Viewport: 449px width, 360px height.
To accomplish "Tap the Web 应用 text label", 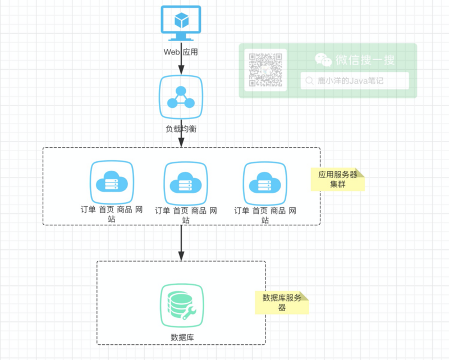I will [181, 52].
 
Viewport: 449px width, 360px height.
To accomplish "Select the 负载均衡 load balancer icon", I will [181, 98].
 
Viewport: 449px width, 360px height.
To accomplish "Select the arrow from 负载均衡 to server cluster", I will [181, 140].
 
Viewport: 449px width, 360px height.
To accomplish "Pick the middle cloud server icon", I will [186, 183].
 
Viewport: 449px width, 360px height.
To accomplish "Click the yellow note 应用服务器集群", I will [338, 180].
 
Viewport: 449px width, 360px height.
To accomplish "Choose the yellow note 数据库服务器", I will [282, 302].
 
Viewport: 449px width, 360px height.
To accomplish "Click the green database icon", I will [181, 306].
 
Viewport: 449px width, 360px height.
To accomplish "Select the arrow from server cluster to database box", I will [181, 241].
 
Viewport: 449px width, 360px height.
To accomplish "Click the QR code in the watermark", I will [265, 70].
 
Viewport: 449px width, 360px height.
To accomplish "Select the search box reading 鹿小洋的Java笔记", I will [355, 81].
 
